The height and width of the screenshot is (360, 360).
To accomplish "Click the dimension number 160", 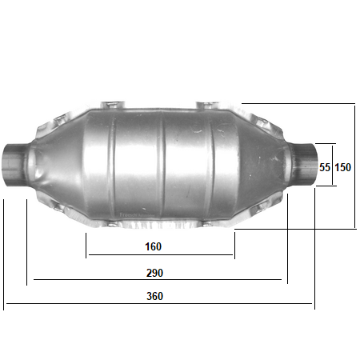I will [x=154, y=246].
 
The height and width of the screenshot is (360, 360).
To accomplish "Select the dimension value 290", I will [x=154, y=272].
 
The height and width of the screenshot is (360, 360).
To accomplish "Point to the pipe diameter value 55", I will [x=325, y=168].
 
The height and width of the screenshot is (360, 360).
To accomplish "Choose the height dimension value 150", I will [x=343, y=168].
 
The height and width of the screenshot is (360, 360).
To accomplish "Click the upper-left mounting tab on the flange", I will [x=110, y=105].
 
